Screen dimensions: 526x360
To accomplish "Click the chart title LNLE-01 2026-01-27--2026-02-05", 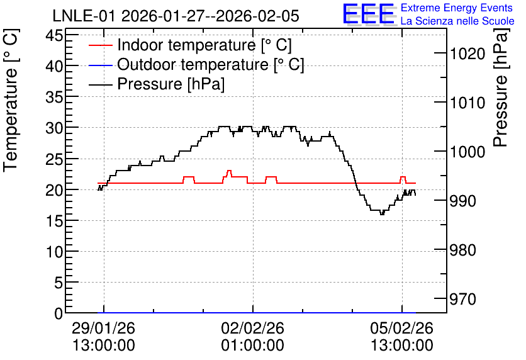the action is [x=176, y=16].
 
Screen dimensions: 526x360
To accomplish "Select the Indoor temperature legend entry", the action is [x=190, y=45].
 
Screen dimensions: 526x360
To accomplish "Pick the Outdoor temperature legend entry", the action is [x=196, y=64].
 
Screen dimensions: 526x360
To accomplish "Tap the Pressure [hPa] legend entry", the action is [x=157, y=84].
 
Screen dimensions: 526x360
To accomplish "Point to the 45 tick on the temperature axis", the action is [x=54, y=35].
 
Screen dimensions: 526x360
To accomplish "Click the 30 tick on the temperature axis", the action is [x=54, y=128].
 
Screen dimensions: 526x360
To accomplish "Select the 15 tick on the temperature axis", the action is [x=54, y=221].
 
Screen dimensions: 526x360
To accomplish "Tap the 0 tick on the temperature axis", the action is [x=59, y=313].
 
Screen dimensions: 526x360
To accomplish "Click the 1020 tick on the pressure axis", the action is [x=467, y=53].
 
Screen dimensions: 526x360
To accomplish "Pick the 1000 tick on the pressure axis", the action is [x=467, y=152].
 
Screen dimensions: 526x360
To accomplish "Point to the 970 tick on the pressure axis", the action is [x=463, y=299].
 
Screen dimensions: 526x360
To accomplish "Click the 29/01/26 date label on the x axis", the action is [x=104, y=328].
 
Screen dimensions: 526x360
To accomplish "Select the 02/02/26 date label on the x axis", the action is [x=252, y=328].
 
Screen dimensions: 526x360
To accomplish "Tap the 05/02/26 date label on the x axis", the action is [x=402, y=328].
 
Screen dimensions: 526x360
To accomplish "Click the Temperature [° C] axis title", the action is [x=11, y=100].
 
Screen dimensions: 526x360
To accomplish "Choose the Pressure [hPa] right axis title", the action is [x=500, y=87].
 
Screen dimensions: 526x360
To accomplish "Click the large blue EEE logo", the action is [x=368, y=14].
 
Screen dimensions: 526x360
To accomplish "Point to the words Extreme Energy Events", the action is [x=457, y=8].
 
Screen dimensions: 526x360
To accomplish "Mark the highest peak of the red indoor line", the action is [x=229, y=171].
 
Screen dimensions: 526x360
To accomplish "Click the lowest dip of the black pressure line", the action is [x=382, y=214].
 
